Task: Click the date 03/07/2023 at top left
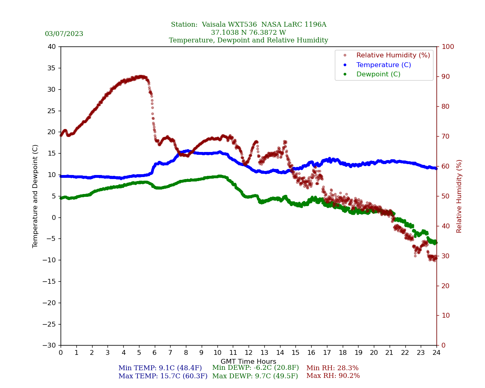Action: click(64, 34)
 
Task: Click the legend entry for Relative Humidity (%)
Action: click(393, 55)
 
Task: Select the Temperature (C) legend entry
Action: click(383, 65)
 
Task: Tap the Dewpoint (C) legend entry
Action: click(378, 74)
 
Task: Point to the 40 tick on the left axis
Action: click(51, 47)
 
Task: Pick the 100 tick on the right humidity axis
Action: click(447, 47)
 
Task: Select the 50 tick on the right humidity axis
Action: click(445, 196)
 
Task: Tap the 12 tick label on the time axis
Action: click(249, 353)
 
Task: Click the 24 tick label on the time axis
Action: click(436, 353)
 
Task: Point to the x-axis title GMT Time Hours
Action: click(249, 362)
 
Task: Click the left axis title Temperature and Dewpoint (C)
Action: click(36, 196)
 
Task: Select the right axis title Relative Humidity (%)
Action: click(459, 196)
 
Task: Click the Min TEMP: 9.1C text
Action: click(160, 368)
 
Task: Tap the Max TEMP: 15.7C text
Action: click(163, 376)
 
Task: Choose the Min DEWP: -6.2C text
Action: click(255, 368)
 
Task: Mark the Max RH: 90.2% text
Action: click(333, 376)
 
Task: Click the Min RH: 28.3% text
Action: click(332, 368)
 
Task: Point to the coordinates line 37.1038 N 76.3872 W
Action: click(249, 33)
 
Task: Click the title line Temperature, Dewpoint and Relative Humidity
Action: click(249, 40)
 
